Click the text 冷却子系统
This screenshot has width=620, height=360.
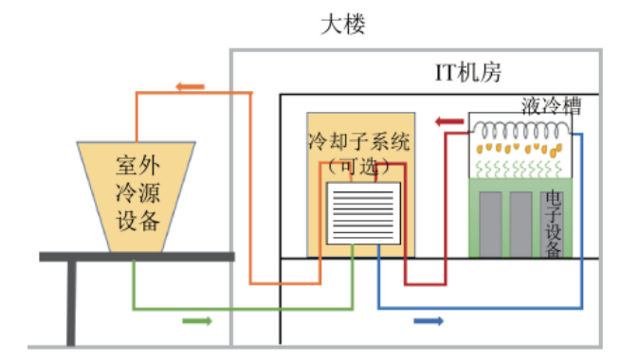pyautogui.click(x=357, y=144)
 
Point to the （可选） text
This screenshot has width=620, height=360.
pyautogui.click(x=357, y=166)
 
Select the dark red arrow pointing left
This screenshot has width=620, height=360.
pyautogui.click(x=445, y=120)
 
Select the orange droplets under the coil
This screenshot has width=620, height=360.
pyautogui.click(x=517, y=149)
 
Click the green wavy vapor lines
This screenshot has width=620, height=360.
pyautogui.click(x=520, y=169)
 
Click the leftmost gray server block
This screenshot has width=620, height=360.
pyautogui.click(x=491, y=224)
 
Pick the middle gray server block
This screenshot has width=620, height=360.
pyautogui.click(x=521, y=224)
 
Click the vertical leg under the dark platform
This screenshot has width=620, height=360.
pyautogui.click(x=72, y=303)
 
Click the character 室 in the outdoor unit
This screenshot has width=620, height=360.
pyautogui.click(x=126, y=164)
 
